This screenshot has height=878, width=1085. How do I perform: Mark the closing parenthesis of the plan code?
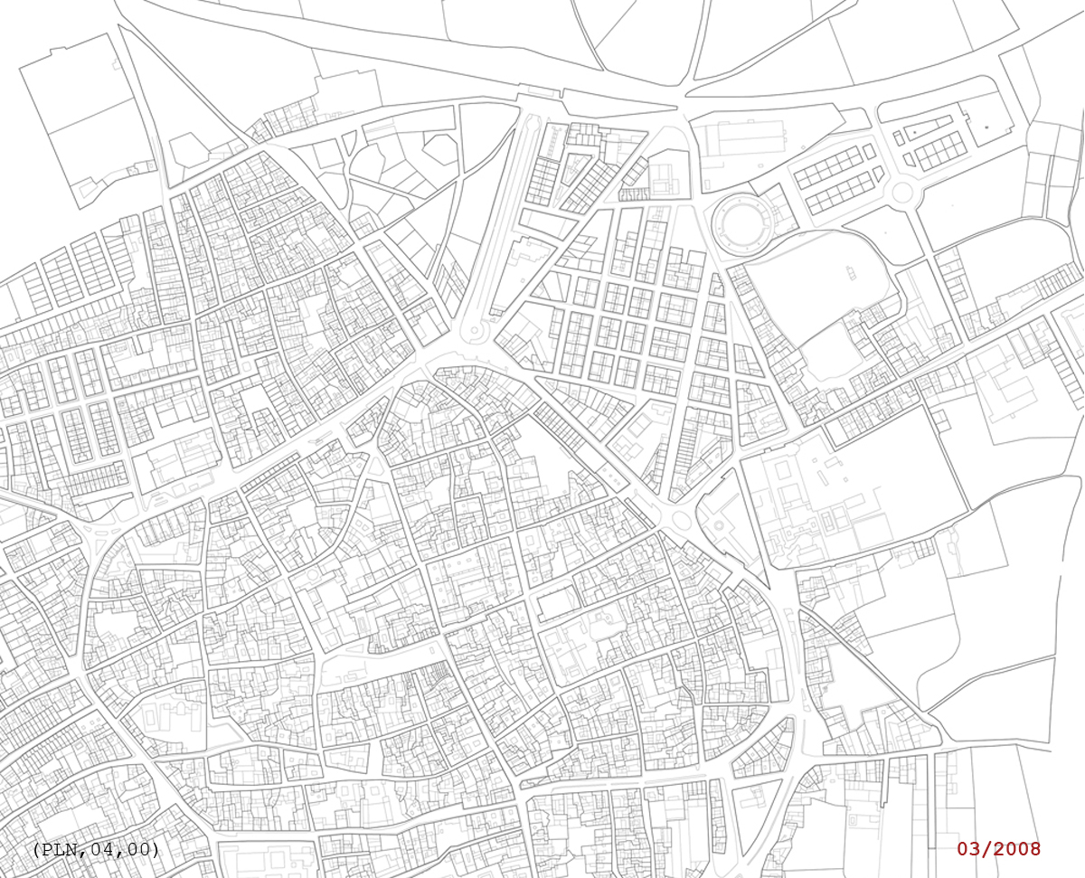(156, 850)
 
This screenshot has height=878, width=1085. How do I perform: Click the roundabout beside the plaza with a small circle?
(683, 520)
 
